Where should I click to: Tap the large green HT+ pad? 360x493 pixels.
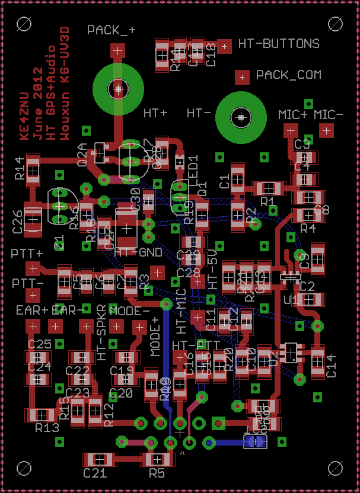tap(119, 89)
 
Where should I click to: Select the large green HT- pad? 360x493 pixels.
tap(241, 117)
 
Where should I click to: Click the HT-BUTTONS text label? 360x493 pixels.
tap(279, 44)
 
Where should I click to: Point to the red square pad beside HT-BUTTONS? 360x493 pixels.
tap(224, 45)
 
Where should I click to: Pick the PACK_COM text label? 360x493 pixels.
tap(289, 75)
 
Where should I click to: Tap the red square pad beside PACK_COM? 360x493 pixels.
tap(242, 76)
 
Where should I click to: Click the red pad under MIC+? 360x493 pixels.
tap(291, 130)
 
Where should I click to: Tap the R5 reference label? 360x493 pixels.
tap(157, 473)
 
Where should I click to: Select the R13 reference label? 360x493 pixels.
tap(47, 428)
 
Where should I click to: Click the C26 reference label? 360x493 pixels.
tap(18, 221)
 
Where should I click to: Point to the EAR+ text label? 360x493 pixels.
tap(32, 310)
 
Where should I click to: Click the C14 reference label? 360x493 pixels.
tap(330, 361)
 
